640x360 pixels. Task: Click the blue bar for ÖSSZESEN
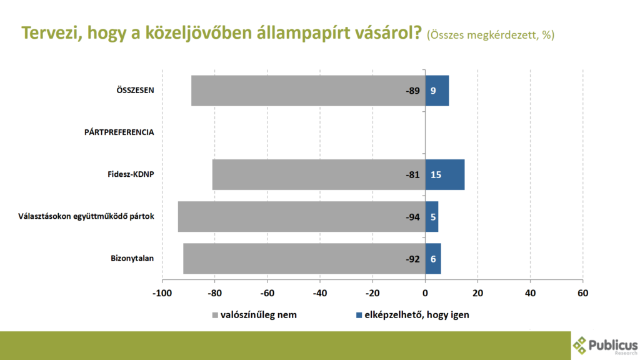(x=437, y=91)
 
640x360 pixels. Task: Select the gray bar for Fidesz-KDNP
(x=319, y=175)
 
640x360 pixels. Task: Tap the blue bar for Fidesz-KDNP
(x=445, y=175)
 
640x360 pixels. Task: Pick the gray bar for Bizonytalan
(x=304, y=259)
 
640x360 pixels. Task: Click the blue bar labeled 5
(x=432, y=217)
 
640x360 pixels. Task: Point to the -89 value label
(x=412, y=91)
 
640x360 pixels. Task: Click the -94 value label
(x=412, y=217)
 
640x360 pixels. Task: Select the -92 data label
(x=412, y=259)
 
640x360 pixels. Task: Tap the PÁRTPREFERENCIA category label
(x=119, y=132)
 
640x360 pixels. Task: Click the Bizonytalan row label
(x=132, y=258)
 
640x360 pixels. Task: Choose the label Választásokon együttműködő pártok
(x=86, y=216)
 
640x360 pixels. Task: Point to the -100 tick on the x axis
(x=162, y=293)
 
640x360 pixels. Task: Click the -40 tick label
(x=320, y=293)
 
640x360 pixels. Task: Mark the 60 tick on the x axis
(x=583, y=293)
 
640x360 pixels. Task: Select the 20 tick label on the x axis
(x=477, y=293)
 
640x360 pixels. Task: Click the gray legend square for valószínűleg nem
(x=215, y=315)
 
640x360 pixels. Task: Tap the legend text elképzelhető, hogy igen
(x=417, y=315)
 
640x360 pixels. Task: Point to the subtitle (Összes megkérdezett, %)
(x=491, y=35)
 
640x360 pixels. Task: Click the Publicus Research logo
(x=605, y=346)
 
